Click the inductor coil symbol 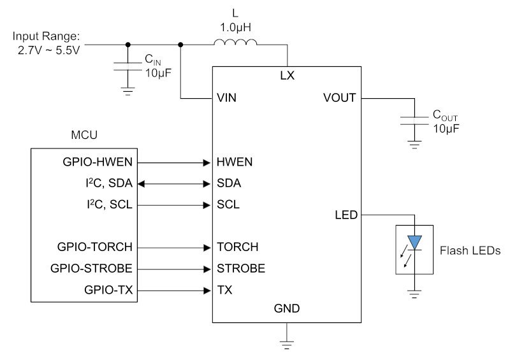[x=235, y=42]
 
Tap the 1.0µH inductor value [x=235, y=27]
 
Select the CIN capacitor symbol [x=128, y=66]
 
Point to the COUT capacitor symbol [x=414, y=120]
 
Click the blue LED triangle [x=414, y=242]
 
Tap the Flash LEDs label [x=470, y=250]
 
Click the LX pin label [x=288, y=75]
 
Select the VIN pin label [x=226, y=97]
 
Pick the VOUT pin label [x=340, y=97]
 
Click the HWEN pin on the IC [x=235, y=162]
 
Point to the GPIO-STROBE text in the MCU [x=91, y=268]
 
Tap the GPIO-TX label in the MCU [x=108, y=289]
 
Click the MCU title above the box [x=84, y=134]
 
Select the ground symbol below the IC [x=286, y=345]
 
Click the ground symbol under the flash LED [x=414, y=294]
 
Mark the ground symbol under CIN [x=128, y=91]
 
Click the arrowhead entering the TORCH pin [x=207, y=248]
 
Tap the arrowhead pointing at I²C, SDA [x=141, y=184]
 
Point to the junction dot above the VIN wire [x=180, y=45]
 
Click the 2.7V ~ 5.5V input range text [x=49, y=50]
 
